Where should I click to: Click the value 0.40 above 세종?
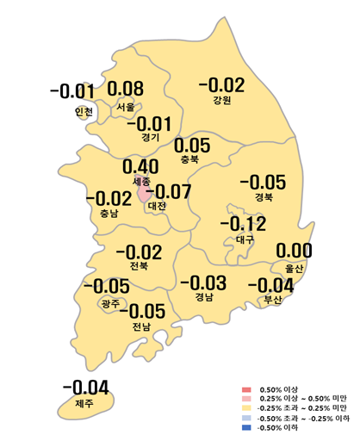[x=140, y=165]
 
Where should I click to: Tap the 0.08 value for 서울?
[x=126, y=89]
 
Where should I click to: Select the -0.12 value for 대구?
[x=244, y=225]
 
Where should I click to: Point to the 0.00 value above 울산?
[x=293, y=252]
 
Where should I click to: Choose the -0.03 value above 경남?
[x=202, y=283]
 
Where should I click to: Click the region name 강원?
[x=222, y=102]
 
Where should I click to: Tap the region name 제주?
[x=84, y=403]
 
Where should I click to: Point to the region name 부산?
[x=272, y=300]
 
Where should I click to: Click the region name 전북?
[x=138, y=267]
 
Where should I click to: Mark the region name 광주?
[x=110, y=303]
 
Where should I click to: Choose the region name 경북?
[x=263, y=197]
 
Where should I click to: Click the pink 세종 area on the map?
[x=143, y=193]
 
